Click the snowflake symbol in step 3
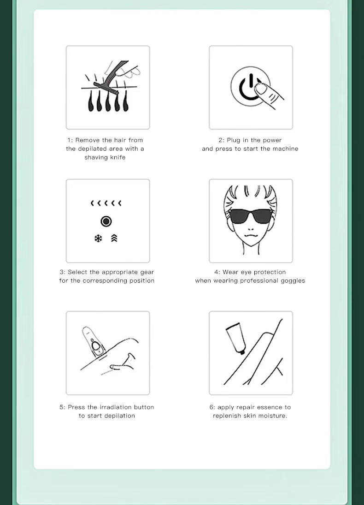(98, 238)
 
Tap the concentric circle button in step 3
(106, 221)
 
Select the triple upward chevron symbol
(114, 238)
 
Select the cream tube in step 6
(236, 339)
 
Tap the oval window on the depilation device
(96, 346)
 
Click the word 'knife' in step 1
(118, 157)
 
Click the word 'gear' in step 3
(147, 273)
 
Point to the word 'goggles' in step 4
(293, 281)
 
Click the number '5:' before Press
(63, 407)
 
